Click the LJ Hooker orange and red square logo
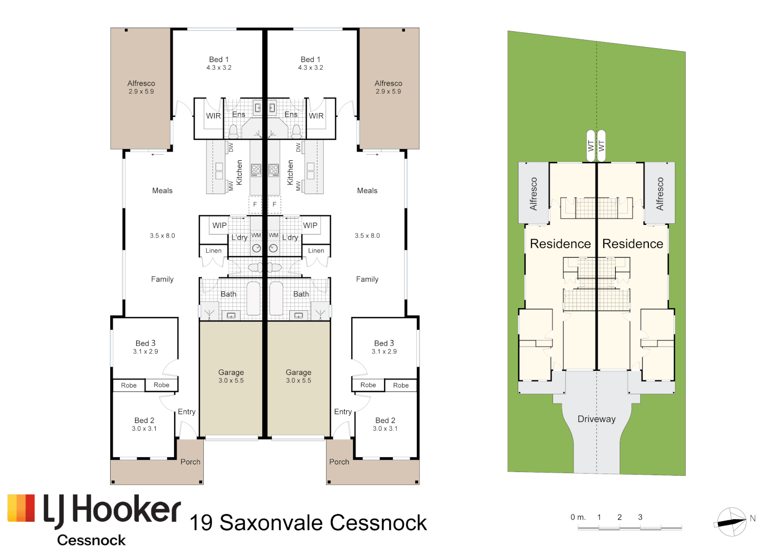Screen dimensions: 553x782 (21, 508)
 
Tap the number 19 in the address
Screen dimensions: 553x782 (201, 523)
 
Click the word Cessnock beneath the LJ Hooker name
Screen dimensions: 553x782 (91, 540)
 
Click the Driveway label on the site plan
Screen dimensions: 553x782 (596, 419)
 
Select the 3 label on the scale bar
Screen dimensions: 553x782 (640, 517)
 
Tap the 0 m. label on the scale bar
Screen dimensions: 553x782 (578, 517)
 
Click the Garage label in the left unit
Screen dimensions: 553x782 (231, 372)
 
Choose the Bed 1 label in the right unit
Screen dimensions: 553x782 (310, 59)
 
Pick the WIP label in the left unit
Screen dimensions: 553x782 (220, 225)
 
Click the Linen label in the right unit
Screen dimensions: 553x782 (316, 251)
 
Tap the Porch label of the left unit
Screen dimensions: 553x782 (190, 462)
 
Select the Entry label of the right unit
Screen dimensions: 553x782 (343, 412)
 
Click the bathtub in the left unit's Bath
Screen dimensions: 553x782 (254, 299)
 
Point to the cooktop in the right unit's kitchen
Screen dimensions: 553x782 (274, 170)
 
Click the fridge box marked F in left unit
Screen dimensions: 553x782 (255, 204)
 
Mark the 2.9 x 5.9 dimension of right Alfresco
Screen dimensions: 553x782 (388, 92)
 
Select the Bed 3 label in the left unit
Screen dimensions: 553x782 (145, 343)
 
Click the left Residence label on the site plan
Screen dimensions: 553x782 (560, 244)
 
